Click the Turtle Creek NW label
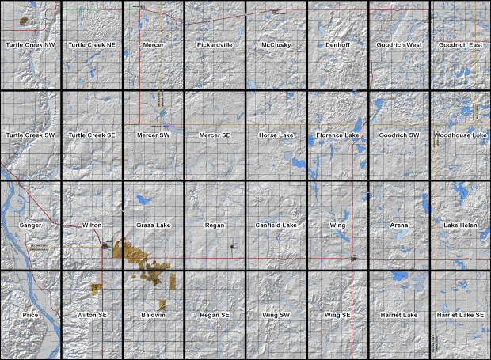[x=30, y=45]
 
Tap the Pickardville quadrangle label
[x=215, y=45]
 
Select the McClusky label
[x=276, y=45]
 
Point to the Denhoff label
[x=337, y=45]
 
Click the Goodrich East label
[x=460, y=45]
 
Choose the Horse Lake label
[x=276, y=135]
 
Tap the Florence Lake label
[x=337, y=135]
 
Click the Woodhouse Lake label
[x=460, y=135]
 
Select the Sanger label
[x=30, y=225]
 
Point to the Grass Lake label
[x=153, y=225]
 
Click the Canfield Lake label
[x=276, y=225]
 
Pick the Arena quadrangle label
[x=399, y=225]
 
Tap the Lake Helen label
[x=460, y=225]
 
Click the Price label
[x=30, y=315]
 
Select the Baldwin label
[x=153, y=315]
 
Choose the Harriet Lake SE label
[x=460, y=315]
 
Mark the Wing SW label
[x=276, y=315]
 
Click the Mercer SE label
[x=215, y=135]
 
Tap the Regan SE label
[x=215, y=315]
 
